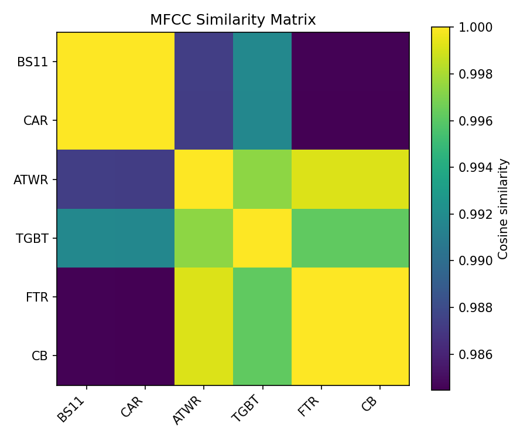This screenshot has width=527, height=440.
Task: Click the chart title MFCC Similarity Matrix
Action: pyautogui.click(x=232, y=20)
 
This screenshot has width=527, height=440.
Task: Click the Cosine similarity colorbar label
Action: pyautogui.click(x=503, y=208)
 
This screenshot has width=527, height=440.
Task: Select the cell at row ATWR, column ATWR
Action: pyautogui.click(x=204, y=179)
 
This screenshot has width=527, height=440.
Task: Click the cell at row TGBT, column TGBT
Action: pyautogui.click(x=262, y=238)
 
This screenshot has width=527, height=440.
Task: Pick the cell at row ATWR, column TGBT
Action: pyautogui.click(x=262, y=179)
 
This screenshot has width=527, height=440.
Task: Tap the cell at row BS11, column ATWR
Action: pyautogui.click(x=204, y=62)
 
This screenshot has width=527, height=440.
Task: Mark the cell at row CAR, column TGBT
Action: pyautogui.click(x=262, y=120)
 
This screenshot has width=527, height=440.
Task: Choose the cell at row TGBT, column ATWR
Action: pyautogui.click(x=204, y=238)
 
